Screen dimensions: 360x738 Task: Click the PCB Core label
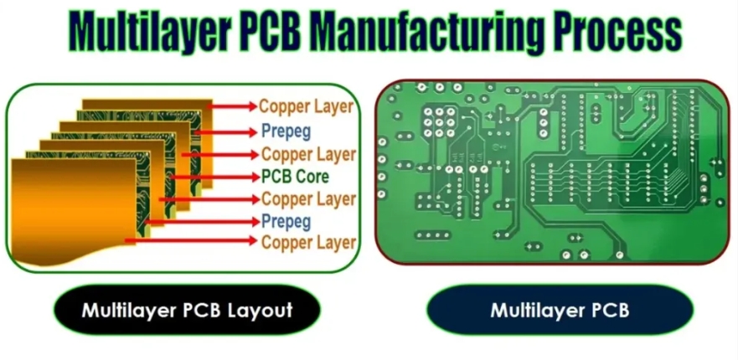point(295,177)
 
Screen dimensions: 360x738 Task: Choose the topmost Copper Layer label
point(306,106)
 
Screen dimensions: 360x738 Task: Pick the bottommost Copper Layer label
point(308,243)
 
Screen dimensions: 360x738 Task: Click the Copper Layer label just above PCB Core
point(308,155)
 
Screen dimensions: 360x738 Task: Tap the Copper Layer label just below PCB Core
point(308,199)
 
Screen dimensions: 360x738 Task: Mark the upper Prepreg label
point(286,131)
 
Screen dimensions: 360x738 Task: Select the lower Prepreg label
point(286,222)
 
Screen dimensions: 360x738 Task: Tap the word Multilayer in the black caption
point(127,311)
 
